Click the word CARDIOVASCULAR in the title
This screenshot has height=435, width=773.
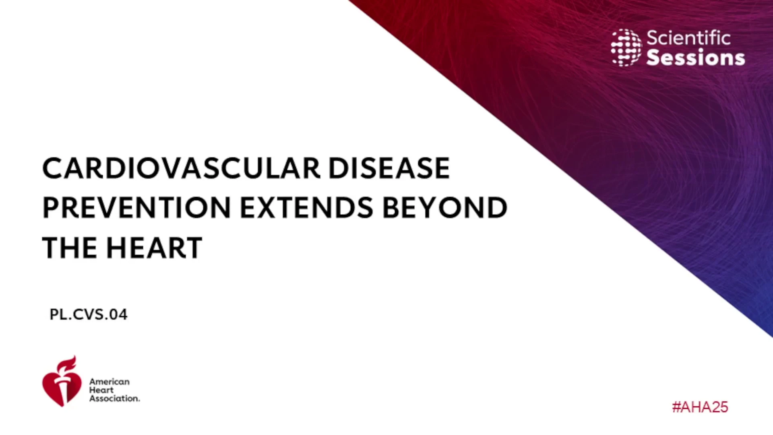(181, 168)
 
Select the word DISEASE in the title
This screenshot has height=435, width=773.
(389, 168)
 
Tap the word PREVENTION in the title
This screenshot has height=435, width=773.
(136, 208)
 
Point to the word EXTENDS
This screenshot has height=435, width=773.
(306, 208)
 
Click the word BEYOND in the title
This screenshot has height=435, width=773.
(444, 208)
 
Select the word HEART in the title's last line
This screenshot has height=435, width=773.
(154, 248)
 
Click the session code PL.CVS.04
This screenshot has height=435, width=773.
(89, 314)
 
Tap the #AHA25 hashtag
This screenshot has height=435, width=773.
(700, 407)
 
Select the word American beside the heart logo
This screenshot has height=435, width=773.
(110, 381)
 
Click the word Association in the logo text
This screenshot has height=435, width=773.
(115, 398)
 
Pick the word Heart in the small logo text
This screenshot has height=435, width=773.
(101, 390)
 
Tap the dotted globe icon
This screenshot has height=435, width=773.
(626, 48)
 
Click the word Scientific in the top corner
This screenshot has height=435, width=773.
(688, 38)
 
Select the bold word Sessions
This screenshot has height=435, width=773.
(696, 57)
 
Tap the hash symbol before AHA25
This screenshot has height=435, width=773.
(676, 407)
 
